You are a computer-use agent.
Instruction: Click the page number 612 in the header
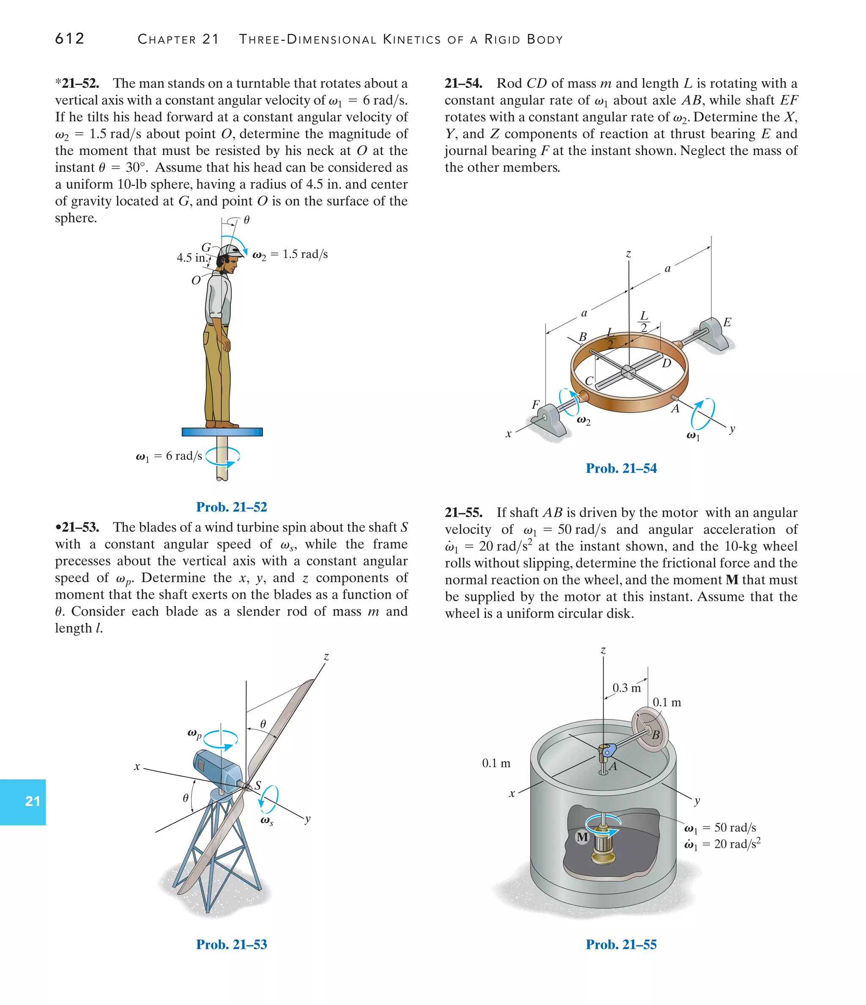(x=70, y=38)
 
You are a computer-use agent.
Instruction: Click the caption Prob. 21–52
(x=231, y=507)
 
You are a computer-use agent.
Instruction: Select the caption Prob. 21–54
(x=621, y=468)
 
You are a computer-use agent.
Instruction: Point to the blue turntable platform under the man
(x=222, y=432)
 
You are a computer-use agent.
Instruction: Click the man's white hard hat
(x=230, y=251)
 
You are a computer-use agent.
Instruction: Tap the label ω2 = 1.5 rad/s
(x=290, y=255)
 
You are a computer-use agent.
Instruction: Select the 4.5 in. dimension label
(x=191, y=257)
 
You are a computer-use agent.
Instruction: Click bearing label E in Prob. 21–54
(x=727, y=323)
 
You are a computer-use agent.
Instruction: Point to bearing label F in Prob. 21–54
(x=536, y=405)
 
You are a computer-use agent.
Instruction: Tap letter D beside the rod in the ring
(x=666, y=363)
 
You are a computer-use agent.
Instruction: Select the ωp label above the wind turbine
(x=195, y=734)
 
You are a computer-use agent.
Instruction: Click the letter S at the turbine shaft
(x=258, y=785)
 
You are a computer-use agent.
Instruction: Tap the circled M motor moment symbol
(x=582, y=837)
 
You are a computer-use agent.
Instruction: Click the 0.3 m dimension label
(x=626, y=688)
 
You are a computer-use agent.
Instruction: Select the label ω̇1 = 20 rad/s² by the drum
(x=722, y=844)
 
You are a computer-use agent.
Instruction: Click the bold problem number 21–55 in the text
(x=463, y=513)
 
